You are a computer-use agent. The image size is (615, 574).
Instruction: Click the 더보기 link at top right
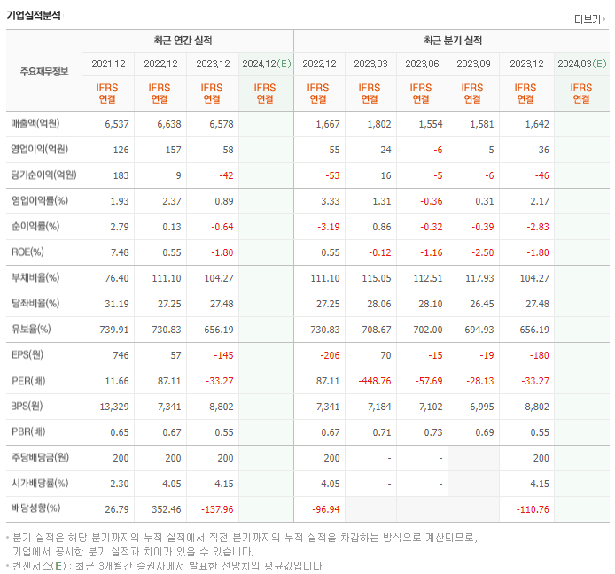point(590,19)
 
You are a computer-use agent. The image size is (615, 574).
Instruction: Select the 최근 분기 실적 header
point(451,41)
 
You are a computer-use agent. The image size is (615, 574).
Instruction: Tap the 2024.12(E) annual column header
point(265,64)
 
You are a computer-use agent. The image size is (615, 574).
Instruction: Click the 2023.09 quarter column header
point(473,64)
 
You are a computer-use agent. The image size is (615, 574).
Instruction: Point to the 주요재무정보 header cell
point(43,71)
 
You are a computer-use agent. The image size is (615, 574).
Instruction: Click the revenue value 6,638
point(162,124)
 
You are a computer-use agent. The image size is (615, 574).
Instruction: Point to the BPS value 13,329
point(112,406)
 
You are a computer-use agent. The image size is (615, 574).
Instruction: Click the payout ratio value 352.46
point(162,509)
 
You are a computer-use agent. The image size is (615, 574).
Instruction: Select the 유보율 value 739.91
point(112,329)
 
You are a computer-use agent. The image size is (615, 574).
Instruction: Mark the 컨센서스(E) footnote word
point(41,565)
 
